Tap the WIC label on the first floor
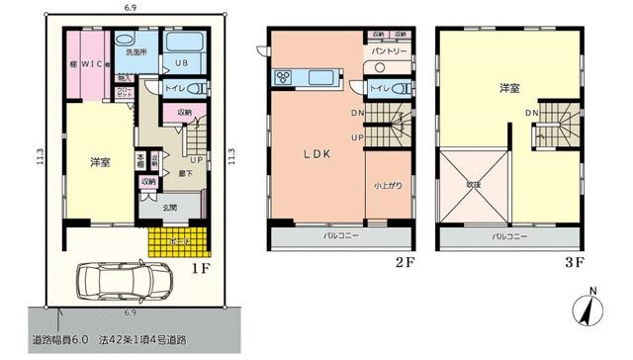click(93, 65)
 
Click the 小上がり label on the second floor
click(388, 184)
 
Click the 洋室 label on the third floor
click(510, 88)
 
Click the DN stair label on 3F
click(532, 114)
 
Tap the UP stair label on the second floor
click(356, 136)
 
